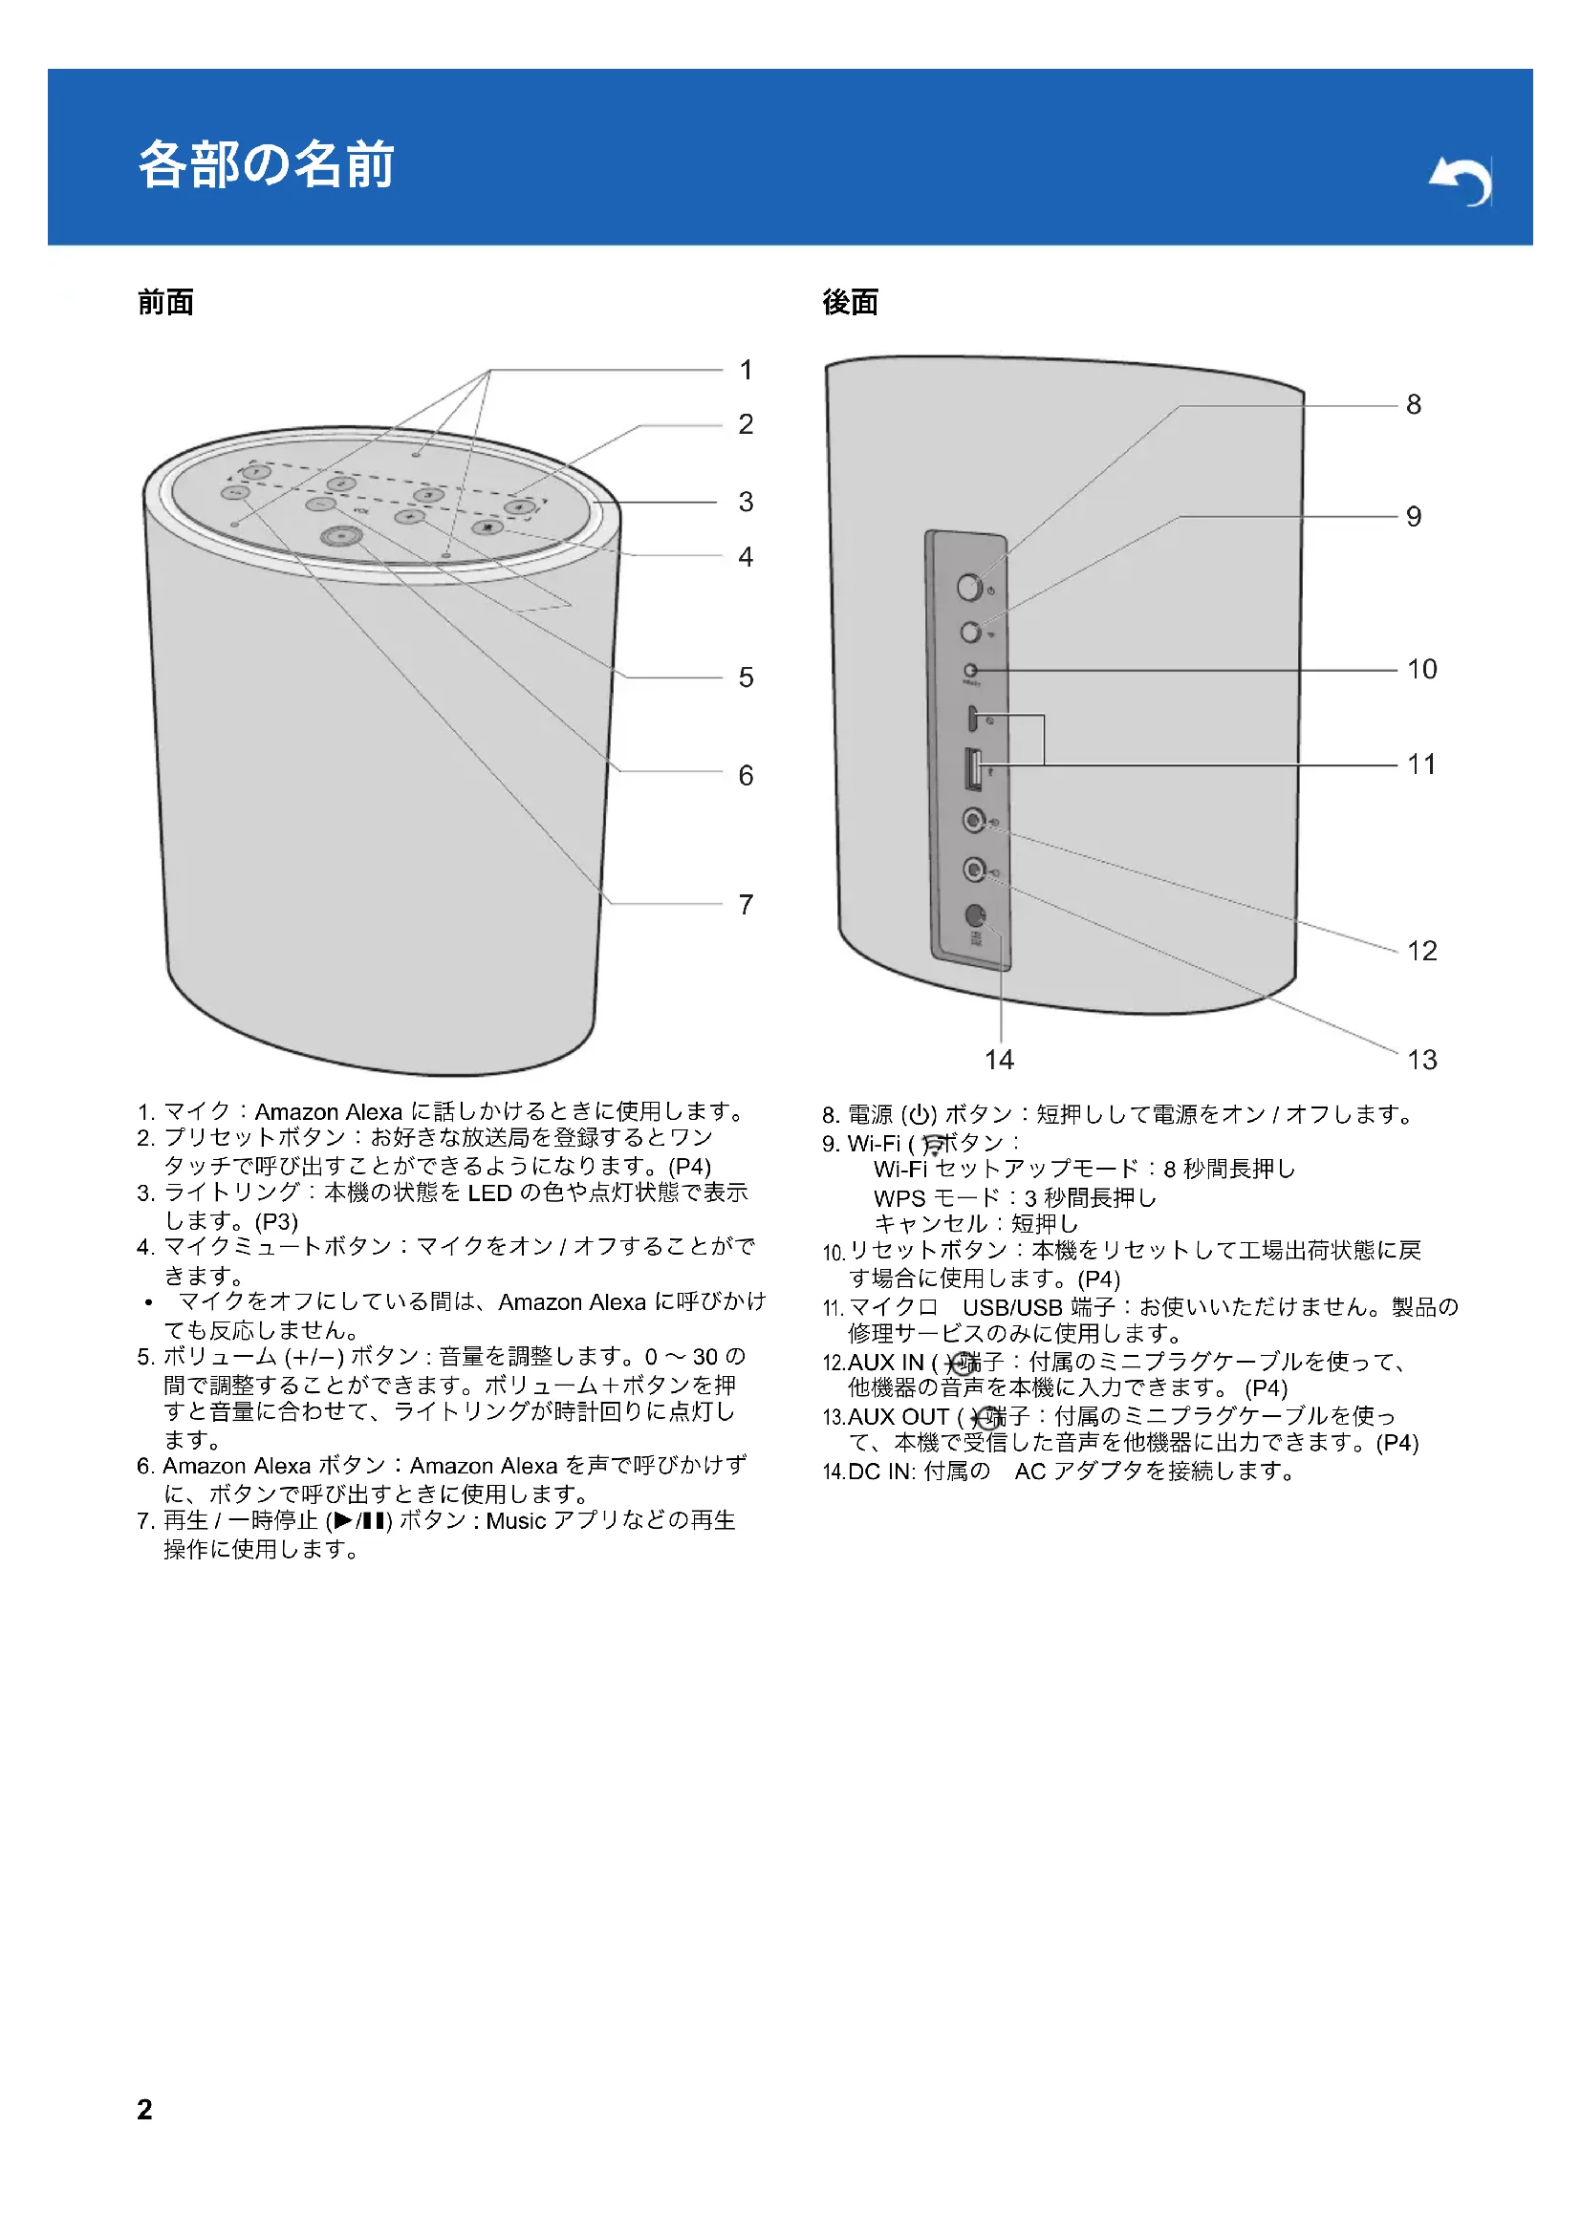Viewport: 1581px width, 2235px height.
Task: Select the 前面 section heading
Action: pyautogui.click(x=165, y=303)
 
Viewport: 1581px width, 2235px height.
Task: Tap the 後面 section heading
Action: pyautogui.click(x=850, y=303)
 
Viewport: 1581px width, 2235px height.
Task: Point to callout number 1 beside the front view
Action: pyautogui.click(x=746, y=370)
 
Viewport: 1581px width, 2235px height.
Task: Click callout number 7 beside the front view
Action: pyautogui.click(x=746, y=904)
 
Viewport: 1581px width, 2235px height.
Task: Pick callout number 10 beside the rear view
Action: pyautogui.click(x=1421, y=669)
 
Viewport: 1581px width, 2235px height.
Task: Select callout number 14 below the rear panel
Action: pyautogui.click(x=999, y=1059)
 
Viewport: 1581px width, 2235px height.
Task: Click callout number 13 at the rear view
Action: pyautogui.click(x=1421, y=1059)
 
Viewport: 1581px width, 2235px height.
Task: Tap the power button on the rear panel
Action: pyautogui.click(x=969, y=587)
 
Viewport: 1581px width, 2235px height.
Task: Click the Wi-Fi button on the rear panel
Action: pyautogui.click(x=969, y=633)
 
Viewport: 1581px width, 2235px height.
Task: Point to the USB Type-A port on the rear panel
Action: pyautogui.click(x=971, y=769)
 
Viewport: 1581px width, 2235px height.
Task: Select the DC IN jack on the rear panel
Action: pyautogui.click(x=974, y=915)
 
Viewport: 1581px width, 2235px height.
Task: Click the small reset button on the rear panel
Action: pyautogui.click(x=969, y=671)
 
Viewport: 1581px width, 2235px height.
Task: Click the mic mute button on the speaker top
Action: pyautogui.click(x=487, y=527)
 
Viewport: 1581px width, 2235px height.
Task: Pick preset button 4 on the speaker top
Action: pyautogui.click(x=519, y=506)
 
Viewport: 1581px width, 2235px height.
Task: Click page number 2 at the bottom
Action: pyautogui.click(x=144, y=2109)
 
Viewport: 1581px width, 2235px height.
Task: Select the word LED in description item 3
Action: pyautogui.click(x=489, y=1193)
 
